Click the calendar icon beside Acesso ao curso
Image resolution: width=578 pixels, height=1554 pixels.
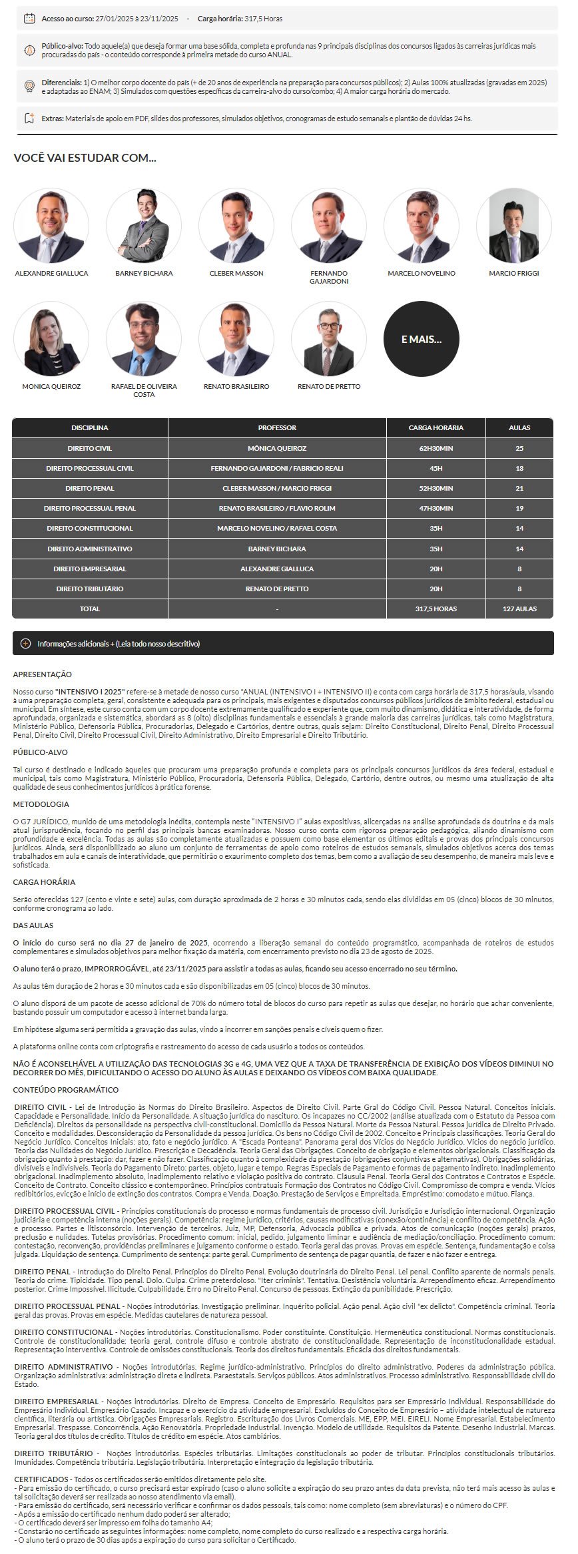click(x=29, y=19)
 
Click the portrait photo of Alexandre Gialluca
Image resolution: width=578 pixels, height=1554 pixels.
click(x=51, y=226)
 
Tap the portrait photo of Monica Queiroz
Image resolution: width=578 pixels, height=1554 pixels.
click(x=51, y=339)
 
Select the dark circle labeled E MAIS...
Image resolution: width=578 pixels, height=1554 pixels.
click(x=421, y=339)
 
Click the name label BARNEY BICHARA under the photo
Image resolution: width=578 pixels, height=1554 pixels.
click(x=144, y=274)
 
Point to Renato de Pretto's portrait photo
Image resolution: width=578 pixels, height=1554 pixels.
click(x=328, y=339)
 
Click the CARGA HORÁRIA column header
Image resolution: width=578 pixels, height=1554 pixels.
click(x=435, y=427)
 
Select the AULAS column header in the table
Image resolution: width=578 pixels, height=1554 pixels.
click(x=519, y=427)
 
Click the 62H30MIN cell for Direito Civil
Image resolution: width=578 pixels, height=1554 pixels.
click(x=435, y=449)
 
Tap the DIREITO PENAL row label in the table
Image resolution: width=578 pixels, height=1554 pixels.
click(x=90, y=489)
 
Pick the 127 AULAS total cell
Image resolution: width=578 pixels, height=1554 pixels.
click(x=519, y=609)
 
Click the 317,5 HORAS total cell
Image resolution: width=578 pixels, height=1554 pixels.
click(x=435, y=609)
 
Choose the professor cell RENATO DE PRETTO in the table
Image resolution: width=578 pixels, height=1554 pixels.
click(x=277, y=589)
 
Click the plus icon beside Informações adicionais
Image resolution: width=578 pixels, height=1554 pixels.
click(x=26, y=644)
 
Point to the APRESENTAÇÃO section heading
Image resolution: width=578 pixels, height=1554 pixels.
click(x=43, y=674)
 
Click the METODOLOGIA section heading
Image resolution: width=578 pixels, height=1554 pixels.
click(x=41, y=804)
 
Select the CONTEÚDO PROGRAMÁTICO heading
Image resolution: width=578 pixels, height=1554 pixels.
click(x=66, y=1090)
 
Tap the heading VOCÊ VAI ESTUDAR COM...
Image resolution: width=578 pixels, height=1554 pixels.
click(x=85, y=158)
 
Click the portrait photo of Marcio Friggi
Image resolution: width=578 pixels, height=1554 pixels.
click(x=513, y=226)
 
